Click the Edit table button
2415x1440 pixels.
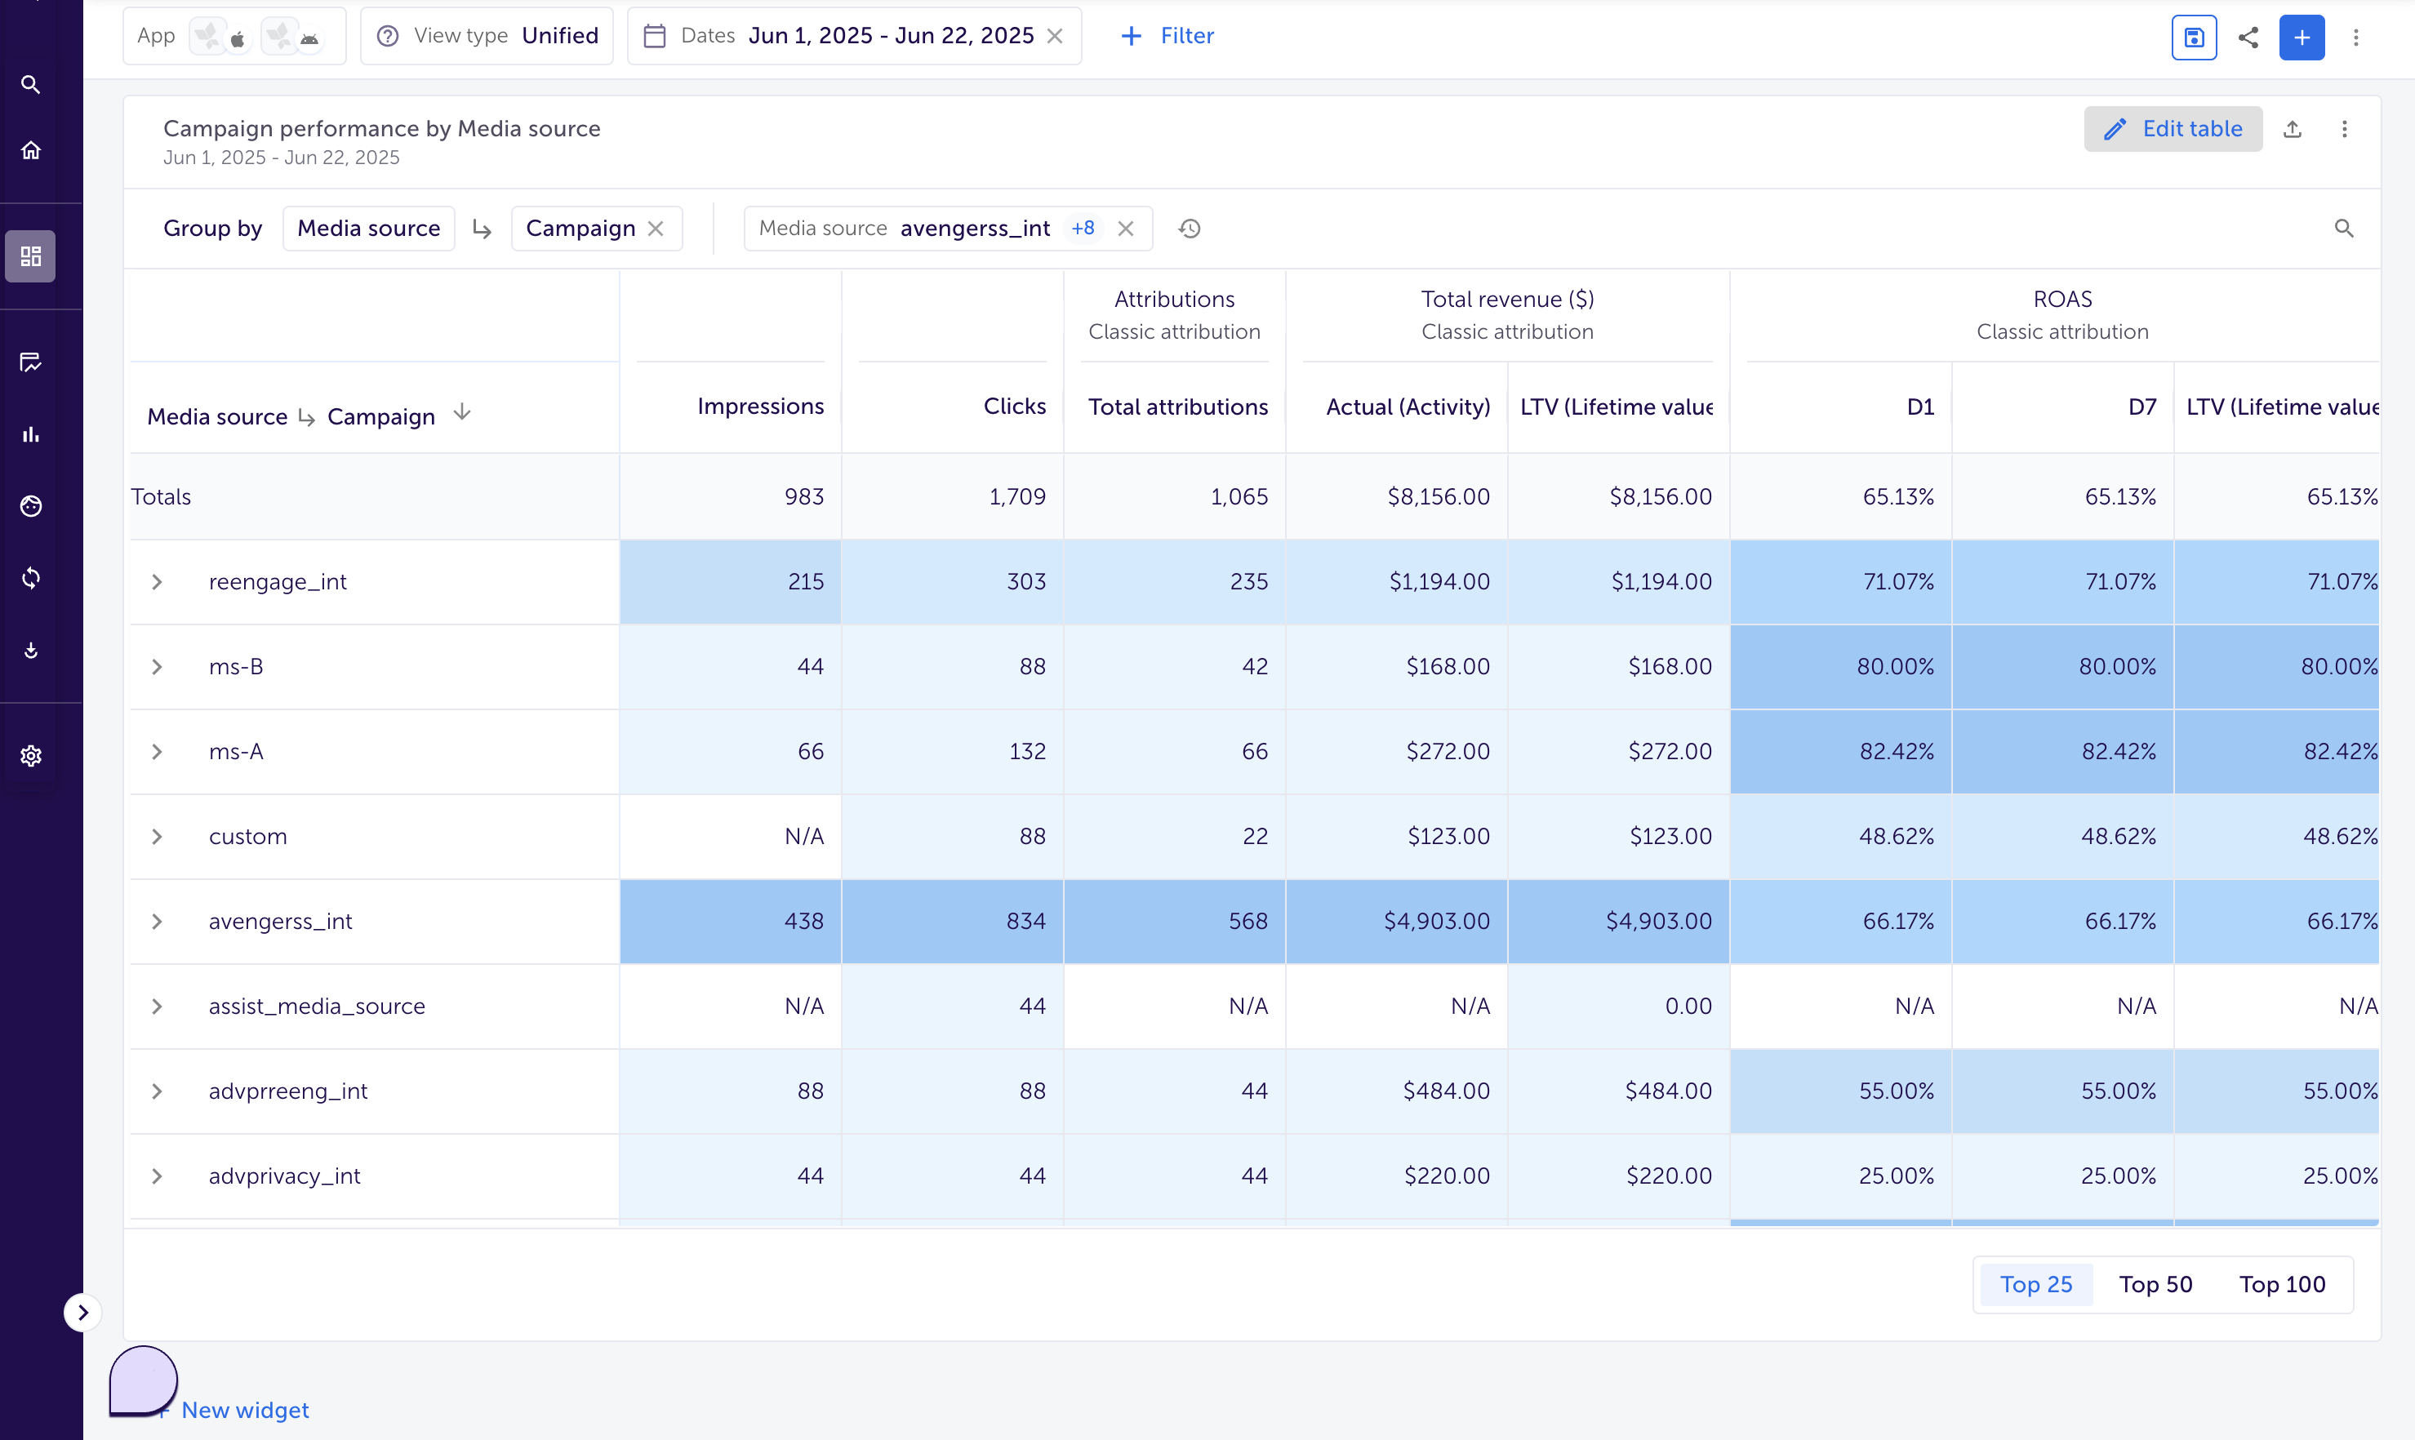[x=2173, y=129]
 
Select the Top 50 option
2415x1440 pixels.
[x=2155, y=1284]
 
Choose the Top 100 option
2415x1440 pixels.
[x=2281, y=1284]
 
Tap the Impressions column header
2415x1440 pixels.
[x=760, y=406]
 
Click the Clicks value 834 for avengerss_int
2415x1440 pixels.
[x=1025, y=921]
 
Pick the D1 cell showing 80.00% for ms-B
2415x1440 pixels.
[x=1894, y=667]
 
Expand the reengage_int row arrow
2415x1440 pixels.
[x=156, y=581]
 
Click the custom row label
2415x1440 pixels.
[x=247, y=837]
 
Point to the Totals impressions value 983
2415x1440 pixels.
[x=803, y=497]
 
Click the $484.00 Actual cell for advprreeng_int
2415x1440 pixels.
[x=1446, y=1091]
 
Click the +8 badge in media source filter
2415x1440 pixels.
[x=1082, y=228]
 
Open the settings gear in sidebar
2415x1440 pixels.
[x=31, y=756]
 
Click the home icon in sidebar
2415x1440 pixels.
[x=31, y=150]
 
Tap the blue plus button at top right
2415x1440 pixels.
[x=2302, y=37]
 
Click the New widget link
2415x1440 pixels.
[x=244, y=1410]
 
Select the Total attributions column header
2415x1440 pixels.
[x=1177, y=407]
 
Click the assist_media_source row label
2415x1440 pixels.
[x=316, y=1007]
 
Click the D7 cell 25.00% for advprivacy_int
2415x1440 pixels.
[x=2117, y=1176]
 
